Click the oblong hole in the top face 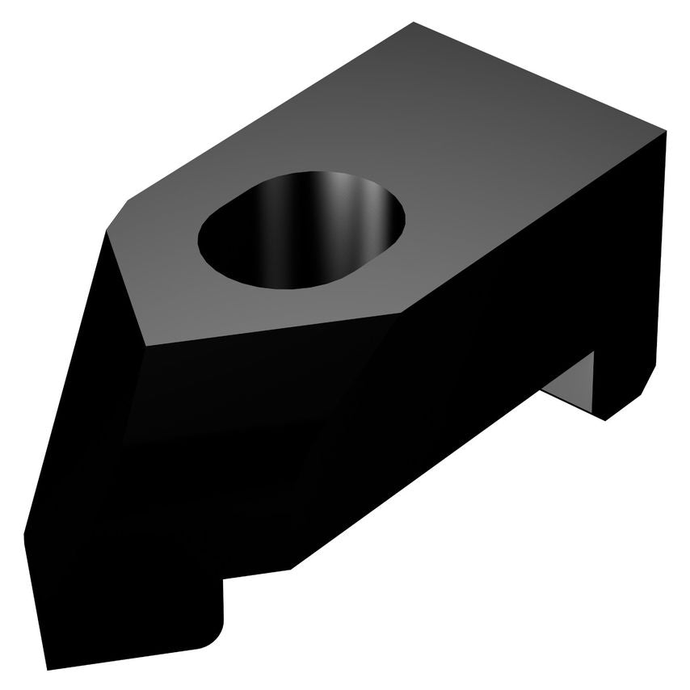coord(301,230)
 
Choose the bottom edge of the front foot coord(129,657)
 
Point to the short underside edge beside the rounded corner coord(257,574)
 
